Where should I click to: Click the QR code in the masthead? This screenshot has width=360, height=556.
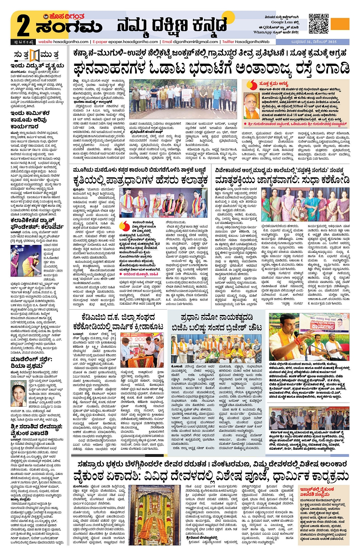coord(318,24)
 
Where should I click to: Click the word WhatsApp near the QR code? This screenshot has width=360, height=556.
coord(262,32)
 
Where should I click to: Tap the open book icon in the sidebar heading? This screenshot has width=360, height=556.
coord(35,55)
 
